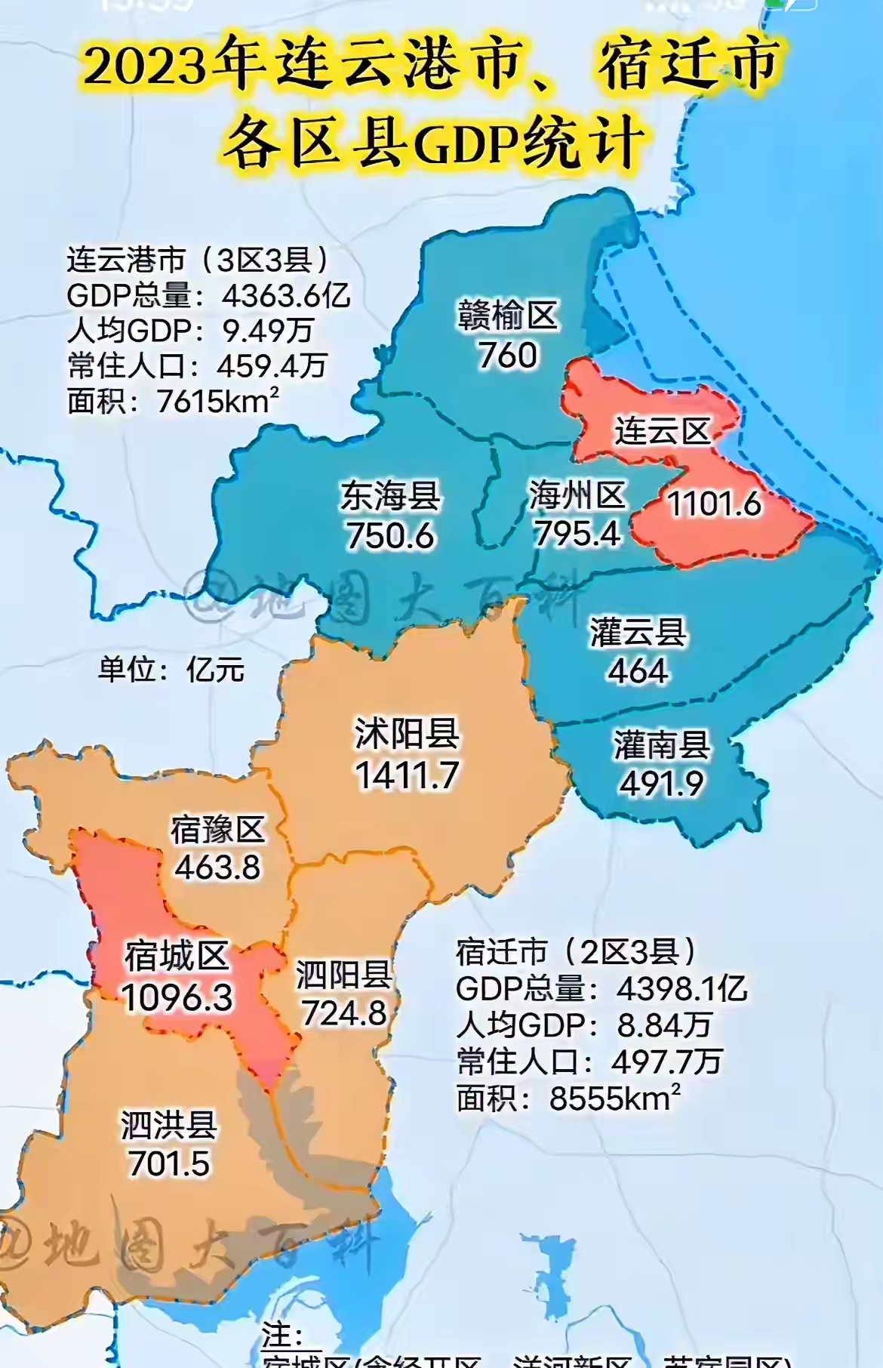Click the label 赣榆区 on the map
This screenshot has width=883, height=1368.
(x=507, y=316)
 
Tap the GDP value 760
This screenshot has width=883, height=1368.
(x=507, y=356)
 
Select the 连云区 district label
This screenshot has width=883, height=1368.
(x=662, y=432)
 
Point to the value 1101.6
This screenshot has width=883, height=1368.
(x=714, y=504)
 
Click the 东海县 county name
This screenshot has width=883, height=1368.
(x=390, y=496)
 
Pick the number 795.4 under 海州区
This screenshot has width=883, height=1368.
(x=577, y=534)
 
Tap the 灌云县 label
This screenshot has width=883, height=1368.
(x=638, y=632)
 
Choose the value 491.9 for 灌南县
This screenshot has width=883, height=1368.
(x=661, y=784)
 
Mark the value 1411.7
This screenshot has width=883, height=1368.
(x=407, y=775)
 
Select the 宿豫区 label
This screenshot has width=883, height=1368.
(x=217, y=830)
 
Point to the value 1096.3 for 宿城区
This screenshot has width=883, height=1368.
(x=177, y=997)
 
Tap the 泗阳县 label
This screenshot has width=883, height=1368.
(x=343, y=974)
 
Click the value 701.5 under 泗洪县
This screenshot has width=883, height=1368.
(x=168, y=1163)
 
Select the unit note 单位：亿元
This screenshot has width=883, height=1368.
(x=171, y=670)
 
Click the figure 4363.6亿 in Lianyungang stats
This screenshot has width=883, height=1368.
(x=286, y=295)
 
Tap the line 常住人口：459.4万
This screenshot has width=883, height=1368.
(x=196, y=366)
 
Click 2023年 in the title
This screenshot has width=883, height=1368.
(x=174, y=64)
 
